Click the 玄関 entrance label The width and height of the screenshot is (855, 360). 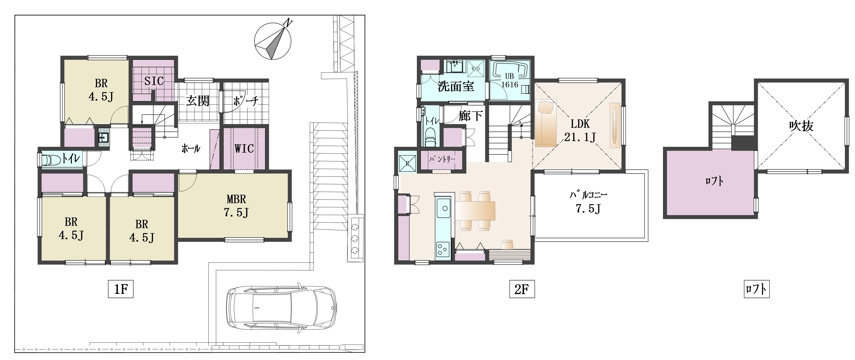coord(198,101)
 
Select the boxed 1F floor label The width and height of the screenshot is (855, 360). coord(121,289)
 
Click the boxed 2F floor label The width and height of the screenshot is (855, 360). coord(522,289)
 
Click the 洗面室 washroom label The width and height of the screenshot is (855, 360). coord(456,86)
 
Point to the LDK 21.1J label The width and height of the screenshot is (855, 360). coord(580,130)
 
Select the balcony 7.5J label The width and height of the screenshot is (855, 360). coord(588,202)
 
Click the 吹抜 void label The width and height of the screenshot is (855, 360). coord(801,126)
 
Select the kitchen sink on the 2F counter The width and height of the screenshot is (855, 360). coord(443,208)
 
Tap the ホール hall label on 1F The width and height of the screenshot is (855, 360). coord(191,148)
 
